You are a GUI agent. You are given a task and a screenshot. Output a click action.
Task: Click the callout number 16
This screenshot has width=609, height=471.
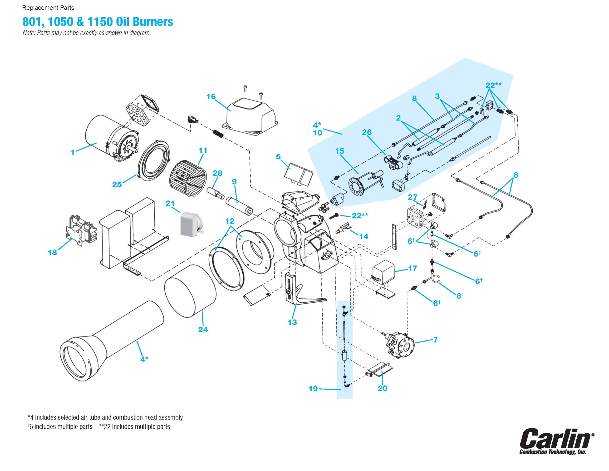tap(211, 97)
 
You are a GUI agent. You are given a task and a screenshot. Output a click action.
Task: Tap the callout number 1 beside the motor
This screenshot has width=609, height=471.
tap(73, 152)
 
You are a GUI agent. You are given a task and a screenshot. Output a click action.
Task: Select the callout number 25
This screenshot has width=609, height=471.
tap(117, 184)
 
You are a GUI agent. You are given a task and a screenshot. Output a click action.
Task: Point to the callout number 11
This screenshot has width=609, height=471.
tap(203, 150)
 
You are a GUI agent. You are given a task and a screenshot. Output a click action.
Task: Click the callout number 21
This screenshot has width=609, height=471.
tap(170, 203)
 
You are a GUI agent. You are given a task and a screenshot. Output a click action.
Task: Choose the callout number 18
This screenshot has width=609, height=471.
tap(52, 252)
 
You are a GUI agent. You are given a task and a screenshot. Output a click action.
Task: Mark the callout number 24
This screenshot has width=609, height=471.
tap(203, 330)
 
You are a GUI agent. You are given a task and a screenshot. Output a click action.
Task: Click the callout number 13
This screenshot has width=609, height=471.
tap(292, 322)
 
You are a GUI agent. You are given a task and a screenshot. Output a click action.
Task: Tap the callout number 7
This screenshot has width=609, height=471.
tap(435, 340)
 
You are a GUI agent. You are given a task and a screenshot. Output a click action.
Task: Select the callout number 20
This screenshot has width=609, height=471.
tap(383, 388)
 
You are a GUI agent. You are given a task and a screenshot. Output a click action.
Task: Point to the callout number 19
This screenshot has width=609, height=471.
tap(313, 388)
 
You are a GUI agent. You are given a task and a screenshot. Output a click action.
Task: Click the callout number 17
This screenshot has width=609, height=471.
tap(413, 268)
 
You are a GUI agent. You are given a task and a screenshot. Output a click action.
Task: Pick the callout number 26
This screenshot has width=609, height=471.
tap(367, 132)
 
